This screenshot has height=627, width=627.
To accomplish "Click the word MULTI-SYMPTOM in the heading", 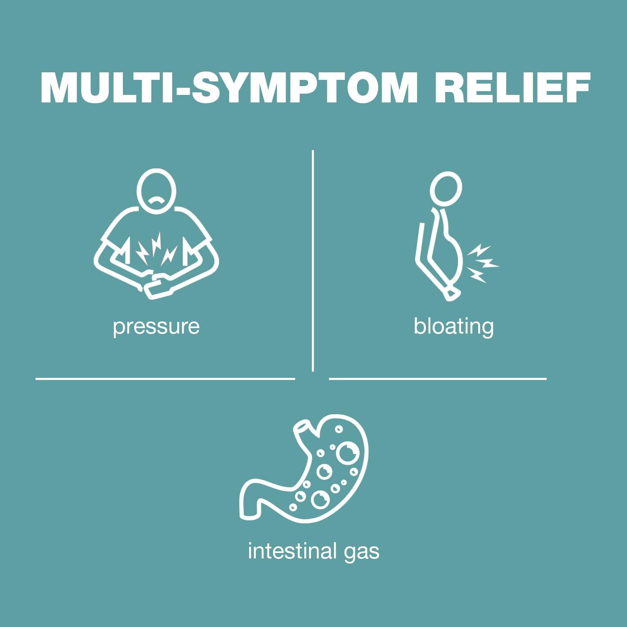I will tap(229, 88).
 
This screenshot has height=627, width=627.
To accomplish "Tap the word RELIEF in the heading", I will tap(512, 88).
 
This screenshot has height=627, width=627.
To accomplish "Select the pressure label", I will tap(156, 326).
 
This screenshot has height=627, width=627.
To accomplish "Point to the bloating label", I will tap(454, 326).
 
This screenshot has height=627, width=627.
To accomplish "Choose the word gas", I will tap(362, 552).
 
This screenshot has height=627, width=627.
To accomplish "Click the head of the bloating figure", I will tap(446, 189).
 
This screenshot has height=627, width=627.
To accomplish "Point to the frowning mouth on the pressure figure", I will tap(156, 201).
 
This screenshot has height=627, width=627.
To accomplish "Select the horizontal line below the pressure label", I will tap(165, 379).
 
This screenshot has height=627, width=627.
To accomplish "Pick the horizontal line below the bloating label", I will tap(438, 379).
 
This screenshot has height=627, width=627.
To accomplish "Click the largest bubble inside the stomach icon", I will tap(347, 453).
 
